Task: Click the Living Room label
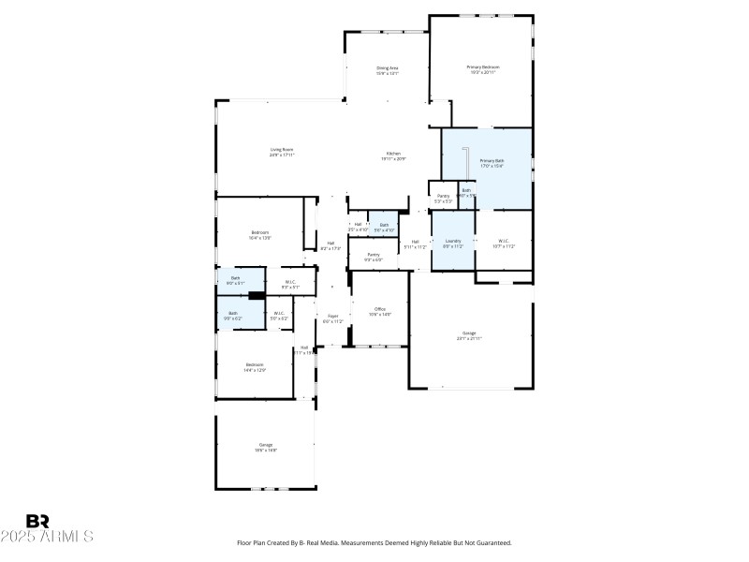coord(282,150)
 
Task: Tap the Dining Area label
coord(388,68)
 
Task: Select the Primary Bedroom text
coord(483,67)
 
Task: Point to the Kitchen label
coord(393,154)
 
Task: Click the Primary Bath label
coord(492,162)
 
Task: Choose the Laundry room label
coord(453,242)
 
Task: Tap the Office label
coord(379,309)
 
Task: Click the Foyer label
coord(332,318)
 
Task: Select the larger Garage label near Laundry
coord(468,333)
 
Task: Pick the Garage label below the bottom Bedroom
coord(266,445)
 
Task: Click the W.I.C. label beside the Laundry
coord(504,242)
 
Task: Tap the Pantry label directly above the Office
coord(373,255)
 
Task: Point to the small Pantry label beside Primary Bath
coord(443,197)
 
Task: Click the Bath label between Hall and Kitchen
coord(384,225)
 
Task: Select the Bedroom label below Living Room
coord(259,232)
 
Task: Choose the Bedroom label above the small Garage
coord(255,365)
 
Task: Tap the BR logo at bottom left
coord(38,521)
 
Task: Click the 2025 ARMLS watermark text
coord(47,537)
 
